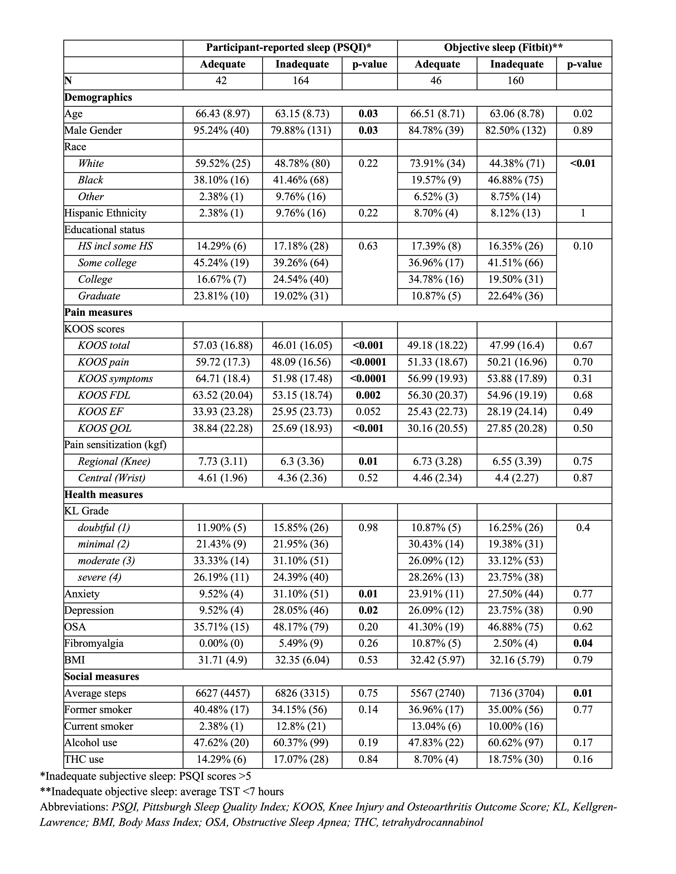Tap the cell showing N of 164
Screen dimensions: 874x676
(301, 81)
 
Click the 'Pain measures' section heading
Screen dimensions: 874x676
(98, 313)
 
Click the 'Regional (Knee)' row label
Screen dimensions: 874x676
(114, 461)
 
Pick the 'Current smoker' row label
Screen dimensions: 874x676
(98, 726)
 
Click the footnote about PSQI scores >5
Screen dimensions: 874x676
(145, 776)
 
